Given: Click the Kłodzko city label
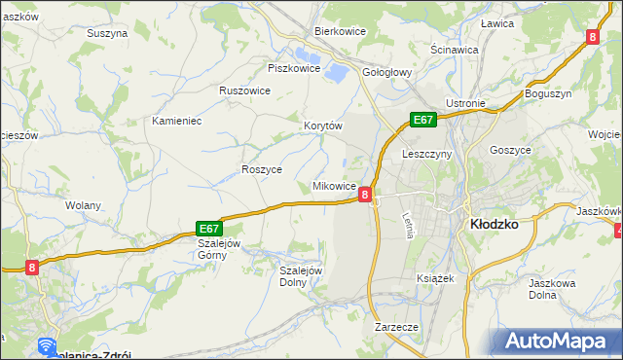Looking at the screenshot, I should pyautogui.click(x=494, y=223).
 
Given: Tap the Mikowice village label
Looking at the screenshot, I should pyautogui.click(x=334, y=185).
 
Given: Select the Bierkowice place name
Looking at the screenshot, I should pyautogui.click(x=339, y=31).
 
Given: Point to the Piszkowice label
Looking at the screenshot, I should pyautogui.click(x=294, y=68).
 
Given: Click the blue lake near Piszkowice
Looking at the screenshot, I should pyautogui.click(x=336, y=70).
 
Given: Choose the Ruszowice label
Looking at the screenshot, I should pyautogui.click(x=244, y=90).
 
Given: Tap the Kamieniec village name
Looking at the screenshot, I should pyautogui.click(x=176, y=122).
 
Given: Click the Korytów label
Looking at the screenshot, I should pyautogui.click(x=323, y=126).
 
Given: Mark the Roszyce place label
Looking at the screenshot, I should pyautogui.click(x=261, y=168).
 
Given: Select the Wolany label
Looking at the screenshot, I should pyautogui.click(x=84, y=205).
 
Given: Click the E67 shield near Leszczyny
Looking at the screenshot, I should pyautogui.click(x=421, y=120).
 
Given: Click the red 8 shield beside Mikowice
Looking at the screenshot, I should pyautogui.click(x=364, y=195).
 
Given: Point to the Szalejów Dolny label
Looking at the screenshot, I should pyautogui.click(x=301, y=276).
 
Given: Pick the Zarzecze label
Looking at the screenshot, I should pyautogui.click(x=395, y=328).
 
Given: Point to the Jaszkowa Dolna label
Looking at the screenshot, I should pyautogui.click(x=551, y=289).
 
